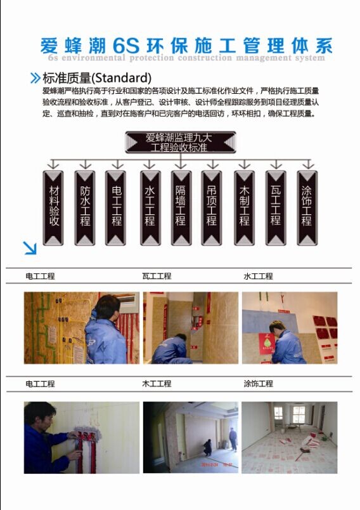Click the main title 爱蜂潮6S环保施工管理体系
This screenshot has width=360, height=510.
[186, 45]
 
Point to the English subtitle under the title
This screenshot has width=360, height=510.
[186, 58]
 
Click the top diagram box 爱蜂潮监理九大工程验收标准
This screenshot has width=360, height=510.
[180, 142]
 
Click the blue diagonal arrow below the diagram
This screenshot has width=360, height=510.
[30, 247]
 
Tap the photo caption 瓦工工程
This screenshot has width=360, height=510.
[157, 277]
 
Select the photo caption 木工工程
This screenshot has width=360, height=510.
[157, 384]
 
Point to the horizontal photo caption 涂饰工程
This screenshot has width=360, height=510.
[258, 384]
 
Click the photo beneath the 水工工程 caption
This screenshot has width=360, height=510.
[289, 327]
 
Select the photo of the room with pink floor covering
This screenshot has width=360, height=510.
[289, 437]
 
